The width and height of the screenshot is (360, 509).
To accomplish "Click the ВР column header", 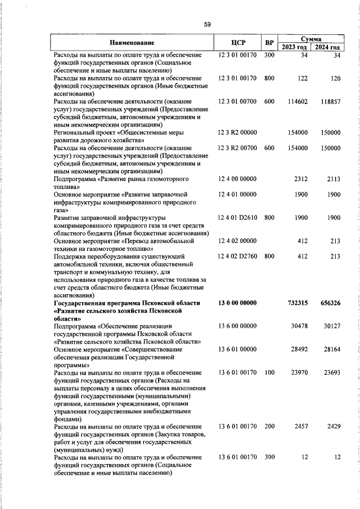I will click(x=269, y=43).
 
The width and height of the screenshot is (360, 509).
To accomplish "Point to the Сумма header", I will click(x=311, y=39).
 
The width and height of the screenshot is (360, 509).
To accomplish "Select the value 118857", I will click(x=330, y=101).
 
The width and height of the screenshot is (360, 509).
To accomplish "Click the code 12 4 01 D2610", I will click(x=238, y=218).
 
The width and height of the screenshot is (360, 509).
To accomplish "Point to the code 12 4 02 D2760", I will click(x=238, y=256).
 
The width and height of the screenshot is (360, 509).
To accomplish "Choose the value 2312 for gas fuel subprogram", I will click(x=301, y=179).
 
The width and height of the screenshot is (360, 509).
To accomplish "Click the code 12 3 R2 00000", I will click(x=238, y=132).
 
